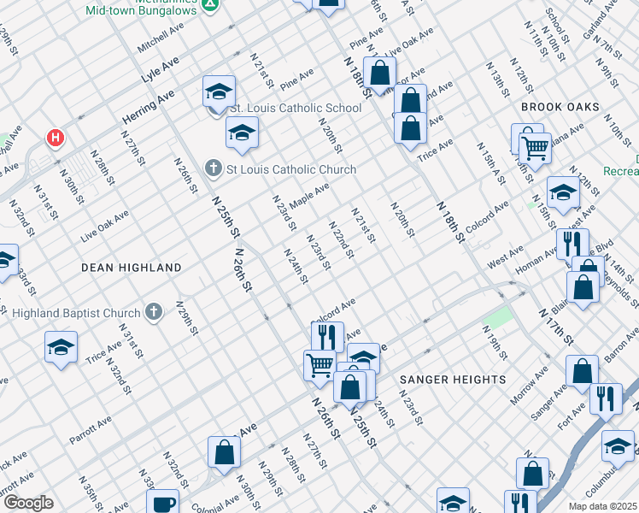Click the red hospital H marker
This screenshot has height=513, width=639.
pyautogui.click(x=56, y=138)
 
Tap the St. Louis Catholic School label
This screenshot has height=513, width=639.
pyautogui.click(x=295, y=109)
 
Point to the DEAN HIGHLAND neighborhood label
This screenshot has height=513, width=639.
pyautogui.click(x=131, y=268)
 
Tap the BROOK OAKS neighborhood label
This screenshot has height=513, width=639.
pyautogui.click(x=560, y=107)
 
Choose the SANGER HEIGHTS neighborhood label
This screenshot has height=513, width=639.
pyautogui.click(x=452, y=379)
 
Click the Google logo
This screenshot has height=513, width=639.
pyautogui.click(x=28, y=503)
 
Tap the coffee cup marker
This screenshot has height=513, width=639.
pyautogui.click(x=161, y=504)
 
